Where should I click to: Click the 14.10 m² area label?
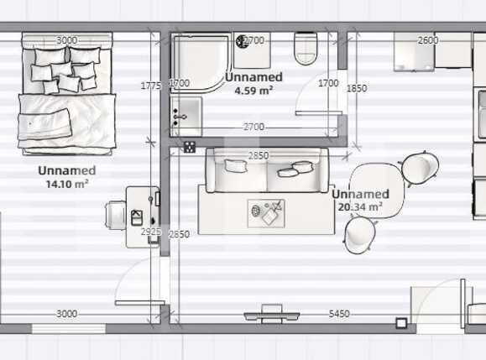[67, 183]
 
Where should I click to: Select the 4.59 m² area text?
[253, 89]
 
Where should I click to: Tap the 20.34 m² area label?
[360, 206]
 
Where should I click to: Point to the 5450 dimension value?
[339, 314]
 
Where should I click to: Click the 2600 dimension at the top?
[427, 40]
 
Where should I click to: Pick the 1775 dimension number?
[151, 86]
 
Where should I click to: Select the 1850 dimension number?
[356, 88]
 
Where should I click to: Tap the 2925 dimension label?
[151, 231]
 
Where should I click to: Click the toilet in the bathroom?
[306, 48]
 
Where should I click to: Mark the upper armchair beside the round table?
[420, 167]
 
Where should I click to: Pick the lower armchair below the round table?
[361, 235]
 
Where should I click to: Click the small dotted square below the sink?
[190, 147]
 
